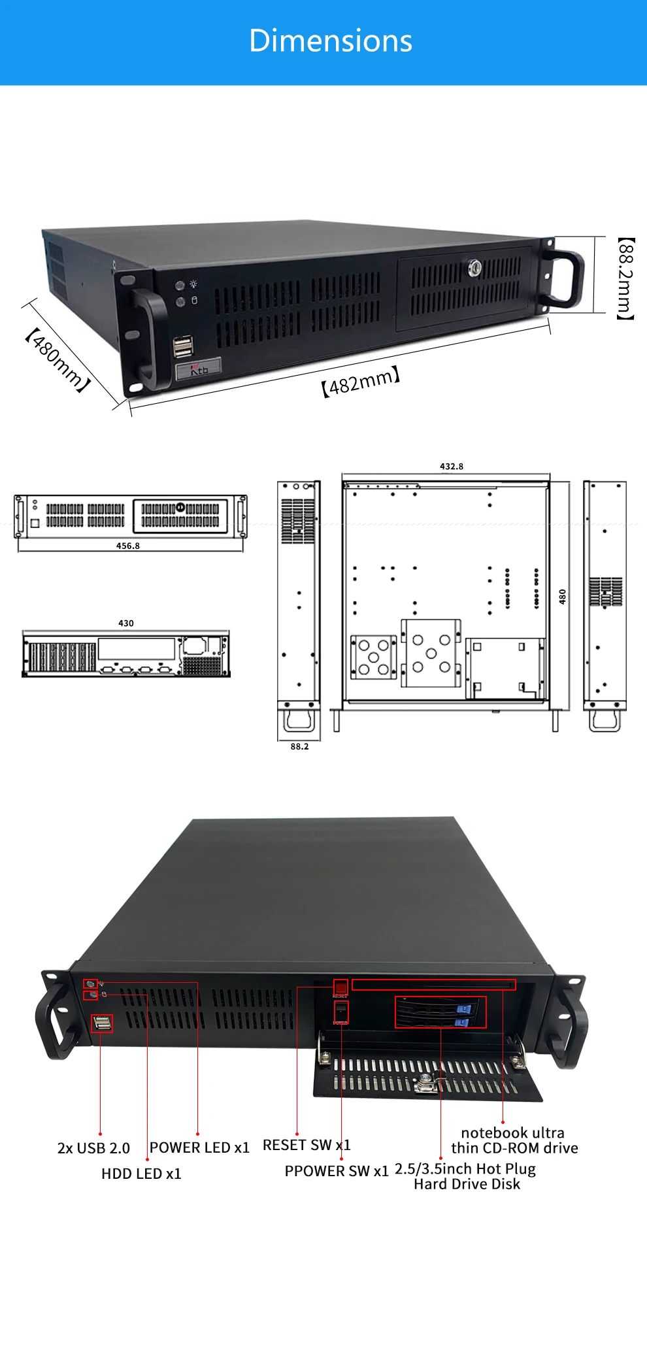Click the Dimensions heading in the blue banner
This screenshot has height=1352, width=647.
(x=331, y=41)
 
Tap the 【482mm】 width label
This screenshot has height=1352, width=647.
(x=360, y=382)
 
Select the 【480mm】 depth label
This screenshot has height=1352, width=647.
(x=57, y=360)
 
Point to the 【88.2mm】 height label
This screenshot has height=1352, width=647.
(x=625, y=279)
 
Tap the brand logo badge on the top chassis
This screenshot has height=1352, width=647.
(x=199, y=369)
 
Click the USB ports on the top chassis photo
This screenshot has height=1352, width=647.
(x=183, y=346)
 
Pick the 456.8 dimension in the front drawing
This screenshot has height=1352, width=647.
(x=128, y=546)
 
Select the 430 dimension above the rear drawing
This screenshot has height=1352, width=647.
(x=126, y=623)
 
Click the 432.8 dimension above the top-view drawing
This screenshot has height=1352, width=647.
(x=452, y=467)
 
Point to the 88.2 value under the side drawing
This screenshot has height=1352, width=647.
(x=299, y=746)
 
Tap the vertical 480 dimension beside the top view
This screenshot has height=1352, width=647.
(x=563, y=596)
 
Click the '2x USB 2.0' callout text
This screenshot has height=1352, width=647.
(x=93, y=1148)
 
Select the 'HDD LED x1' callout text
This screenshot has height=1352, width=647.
(x=141, y=1174)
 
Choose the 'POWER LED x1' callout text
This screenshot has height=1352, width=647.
(x=199, y=1147)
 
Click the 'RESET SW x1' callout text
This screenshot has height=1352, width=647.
(x=307, y=1145)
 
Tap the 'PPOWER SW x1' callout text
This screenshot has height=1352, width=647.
(x=337, y=1171)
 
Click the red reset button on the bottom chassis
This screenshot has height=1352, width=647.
(x=340, y=986)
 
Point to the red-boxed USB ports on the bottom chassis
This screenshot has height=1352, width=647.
(x=102, y=1023)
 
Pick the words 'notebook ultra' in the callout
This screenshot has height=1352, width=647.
(x=512, y=1132)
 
